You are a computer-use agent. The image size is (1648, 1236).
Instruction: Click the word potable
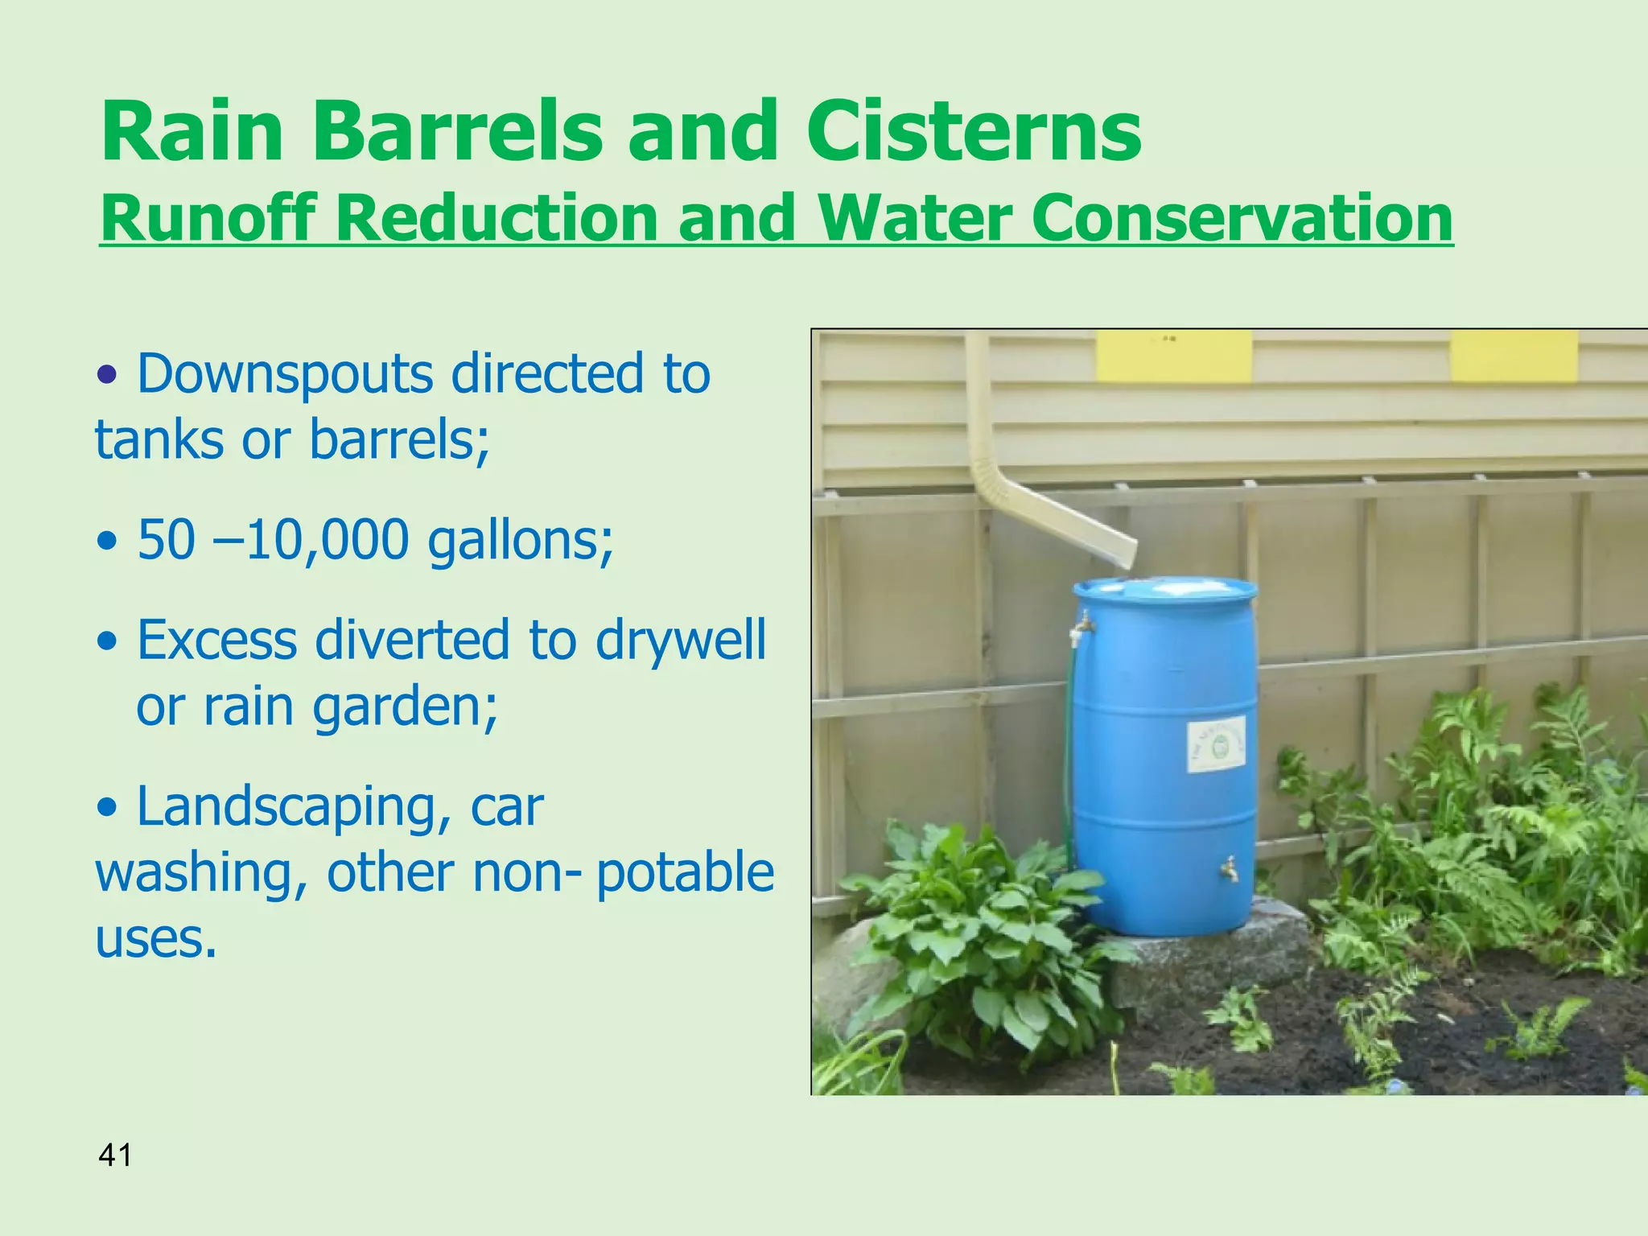tap(685, 873)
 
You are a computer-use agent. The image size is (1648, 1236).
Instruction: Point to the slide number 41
tap(115, 1156)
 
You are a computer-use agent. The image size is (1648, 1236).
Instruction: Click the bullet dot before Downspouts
tap(108, 375)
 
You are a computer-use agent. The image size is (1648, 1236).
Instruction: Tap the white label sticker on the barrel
tap(1216, 746)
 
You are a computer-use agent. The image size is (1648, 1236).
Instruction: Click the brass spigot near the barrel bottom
tap(1229, 868)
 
